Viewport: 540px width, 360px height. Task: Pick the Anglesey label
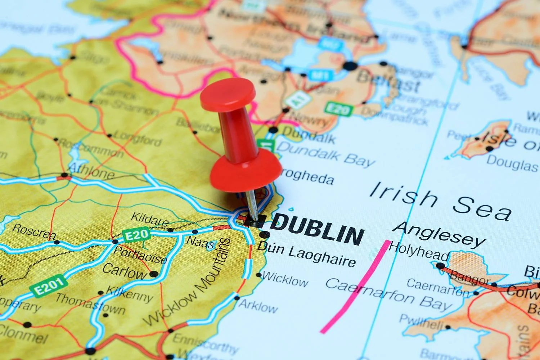pos(439,234)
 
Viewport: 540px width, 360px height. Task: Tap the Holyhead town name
pos(419,251)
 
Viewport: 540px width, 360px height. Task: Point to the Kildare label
pos(149,219)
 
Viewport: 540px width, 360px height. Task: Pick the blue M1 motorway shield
pos(317,75)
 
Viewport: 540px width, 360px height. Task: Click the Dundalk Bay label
pos(326,154)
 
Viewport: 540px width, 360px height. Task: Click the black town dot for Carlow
pos(154,274)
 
